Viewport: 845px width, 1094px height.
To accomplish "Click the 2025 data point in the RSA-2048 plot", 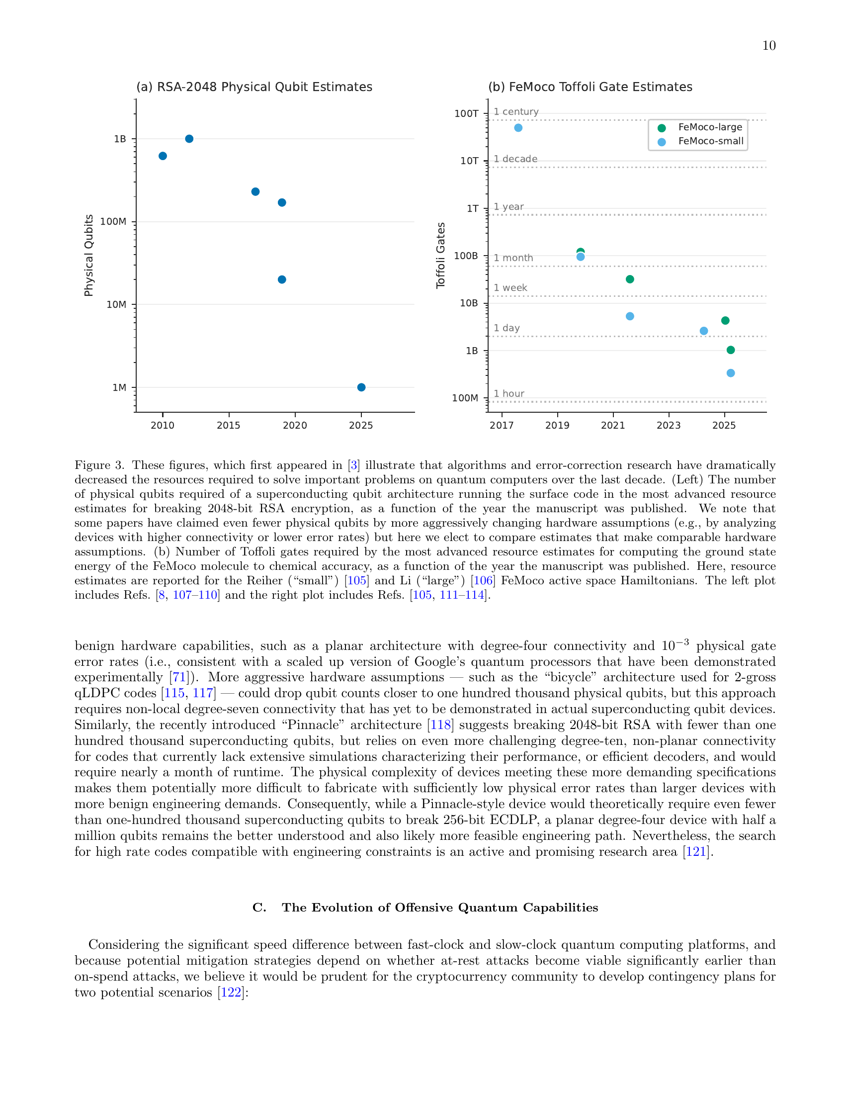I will [x=361, y=387].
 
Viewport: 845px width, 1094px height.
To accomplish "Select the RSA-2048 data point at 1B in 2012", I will [x=189, y=139].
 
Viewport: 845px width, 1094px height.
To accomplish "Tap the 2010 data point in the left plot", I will [x=163, y=156].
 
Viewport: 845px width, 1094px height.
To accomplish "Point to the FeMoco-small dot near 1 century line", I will [x=518, y=128].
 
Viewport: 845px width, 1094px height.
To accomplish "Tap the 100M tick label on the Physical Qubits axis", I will [x=113, y=221].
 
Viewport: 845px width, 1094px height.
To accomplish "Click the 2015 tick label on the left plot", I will [x=228, y=425].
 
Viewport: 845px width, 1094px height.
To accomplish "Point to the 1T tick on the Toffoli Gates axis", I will [x=473, y=208].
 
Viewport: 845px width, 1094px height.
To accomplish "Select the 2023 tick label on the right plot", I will [x=668, y=425].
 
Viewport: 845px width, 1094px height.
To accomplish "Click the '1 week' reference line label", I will [x=510, y=287].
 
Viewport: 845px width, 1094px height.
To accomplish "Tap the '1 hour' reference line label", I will [x=508, y=394].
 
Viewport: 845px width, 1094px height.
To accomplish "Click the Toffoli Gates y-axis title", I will [x=440, y=255].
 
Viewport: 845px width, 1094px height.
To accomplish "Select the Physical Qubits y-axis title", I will [x=88, y=255].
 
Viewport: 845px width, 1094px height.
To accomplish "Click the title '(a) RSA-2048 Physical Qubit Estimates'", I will [x=254, y=87].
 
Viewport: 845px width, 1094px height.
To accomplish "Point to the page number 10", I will [x=768, y=46].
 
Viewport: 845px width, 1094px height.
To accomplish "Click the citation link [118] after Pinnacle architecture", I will [x=440, y=725].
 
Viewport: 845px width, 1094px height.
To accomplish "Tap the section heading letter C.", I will [x=259, y=908].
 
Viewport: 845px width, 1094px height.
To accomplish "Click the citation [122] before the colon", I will [x=231, y=993].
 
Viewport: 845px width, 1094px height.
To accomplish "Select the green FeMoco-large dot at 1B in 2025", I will [x=730, y=350].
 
